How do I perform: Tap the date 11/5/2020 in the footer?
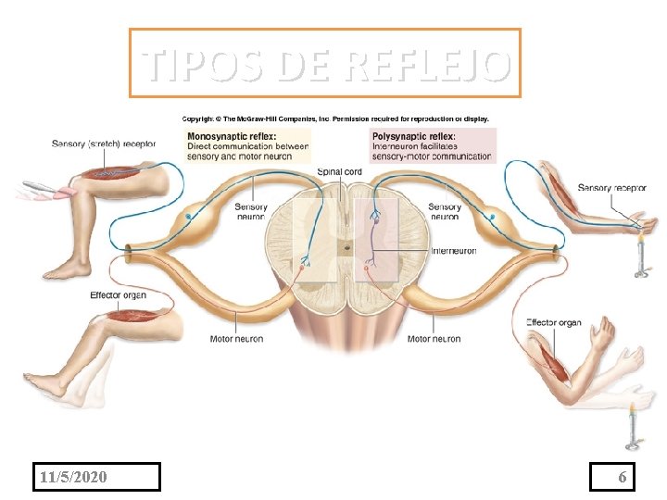click(74, 477)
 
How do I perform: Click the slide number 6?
click(623, 477)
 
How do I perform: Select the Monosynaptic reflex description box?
click(247, 146)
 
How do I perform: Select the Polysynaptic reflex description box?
click(432, 146)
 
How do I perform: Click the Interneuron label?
click(454, 251)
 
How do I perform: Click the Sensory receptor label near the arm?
click(611, 188)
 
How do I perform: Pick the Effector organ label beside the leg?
click(118, 295)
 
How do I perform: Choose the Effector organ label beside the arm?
click(554, 322)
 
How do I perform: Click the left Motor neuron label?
click(236, 339)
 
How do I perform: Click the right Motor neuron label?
click(434, 339)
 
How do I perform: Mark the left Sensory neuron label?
click(251, 211)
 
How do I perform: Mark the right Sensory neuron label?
click(445, 211)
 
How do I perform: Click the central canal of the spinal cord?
click(345, 248)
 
